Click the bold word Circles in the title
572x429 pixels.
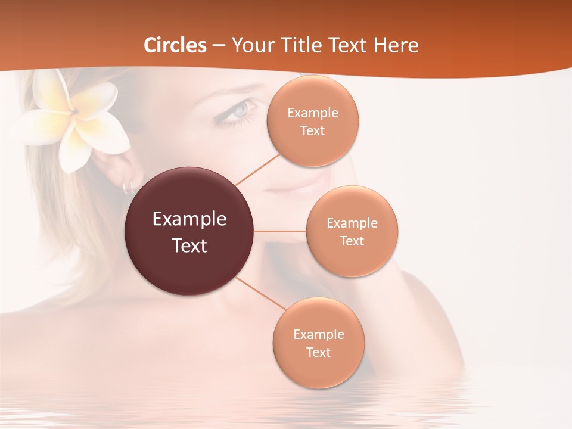click(175, 45)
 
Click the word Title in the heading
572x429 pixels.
click(299, 45)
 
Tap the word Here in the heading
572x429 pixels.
click(396, 45)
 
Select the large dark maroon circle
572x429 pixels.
click(189, 231)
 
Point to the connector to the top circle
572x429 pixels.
click(257, 169)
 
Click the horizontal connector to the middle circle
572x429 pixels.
click(280, 231)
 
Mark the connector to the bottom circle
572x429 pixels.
click(261, 294)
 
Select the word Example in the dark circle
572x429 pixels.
click(189, 219)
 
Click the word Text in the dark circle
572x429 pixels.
click(189, 245)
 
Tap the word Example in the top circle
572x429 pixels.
click(313, 113)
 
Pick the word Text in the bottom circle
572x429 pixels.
click(318, 352)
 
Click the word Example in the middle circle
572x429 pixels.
click(352, 223)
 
